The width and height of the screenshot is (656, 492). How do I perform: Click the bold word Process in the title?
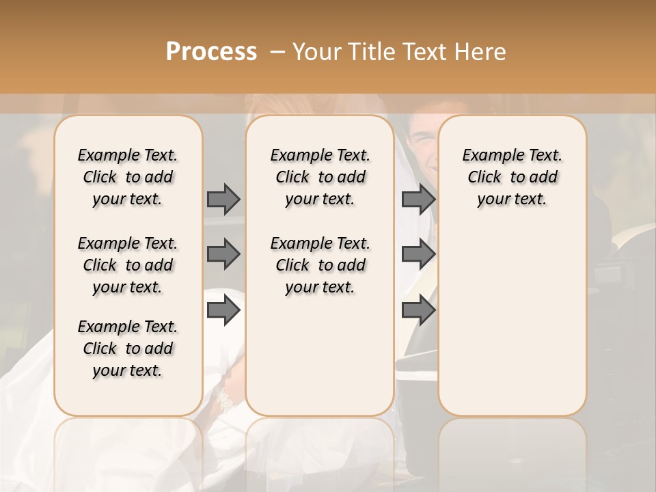click(211, 52)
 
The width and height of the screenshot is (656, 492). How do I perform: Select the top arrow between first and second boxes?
click(223, 199)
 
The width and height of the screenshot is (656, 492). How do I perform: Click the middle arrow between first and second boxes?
click(223, 255)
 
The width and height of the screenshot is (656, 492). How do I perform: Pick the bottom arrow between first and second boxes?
click(223, 311)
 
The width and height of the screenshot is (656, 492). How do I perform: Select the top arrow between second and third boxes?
click(418, 199)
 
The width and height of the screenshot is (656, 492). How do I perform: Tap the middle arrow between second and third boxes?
click(418, 255)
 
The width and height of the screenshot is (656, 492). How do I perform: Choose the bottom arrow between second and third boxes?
click(418, 311)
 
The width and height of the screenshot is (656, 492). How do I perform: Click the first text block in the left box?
click(128, 177)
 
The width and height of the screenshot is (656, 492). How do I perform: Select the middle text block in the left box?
click(128, 265)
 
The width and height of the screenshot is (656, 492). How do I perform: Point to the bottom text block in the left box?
click(128, 348)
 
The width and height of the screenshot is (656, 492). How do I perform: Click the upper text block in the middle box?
click(320, 177)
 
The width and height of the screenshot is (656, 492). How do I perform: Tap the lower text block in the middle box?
click(320, 265)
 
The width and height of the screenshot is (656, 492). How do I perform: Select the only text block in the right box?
click(512, 177)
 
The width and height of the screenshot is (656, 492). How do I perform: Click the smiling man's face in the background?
click(422, 140)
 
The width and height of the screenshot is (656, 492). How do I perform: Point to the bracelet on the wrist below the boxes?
click(223, 400)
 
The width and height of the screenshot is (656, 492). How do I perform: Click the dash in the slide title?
click(277, 52)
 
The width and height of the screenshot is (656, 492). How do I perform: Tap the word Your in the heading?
click(316, 52)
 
